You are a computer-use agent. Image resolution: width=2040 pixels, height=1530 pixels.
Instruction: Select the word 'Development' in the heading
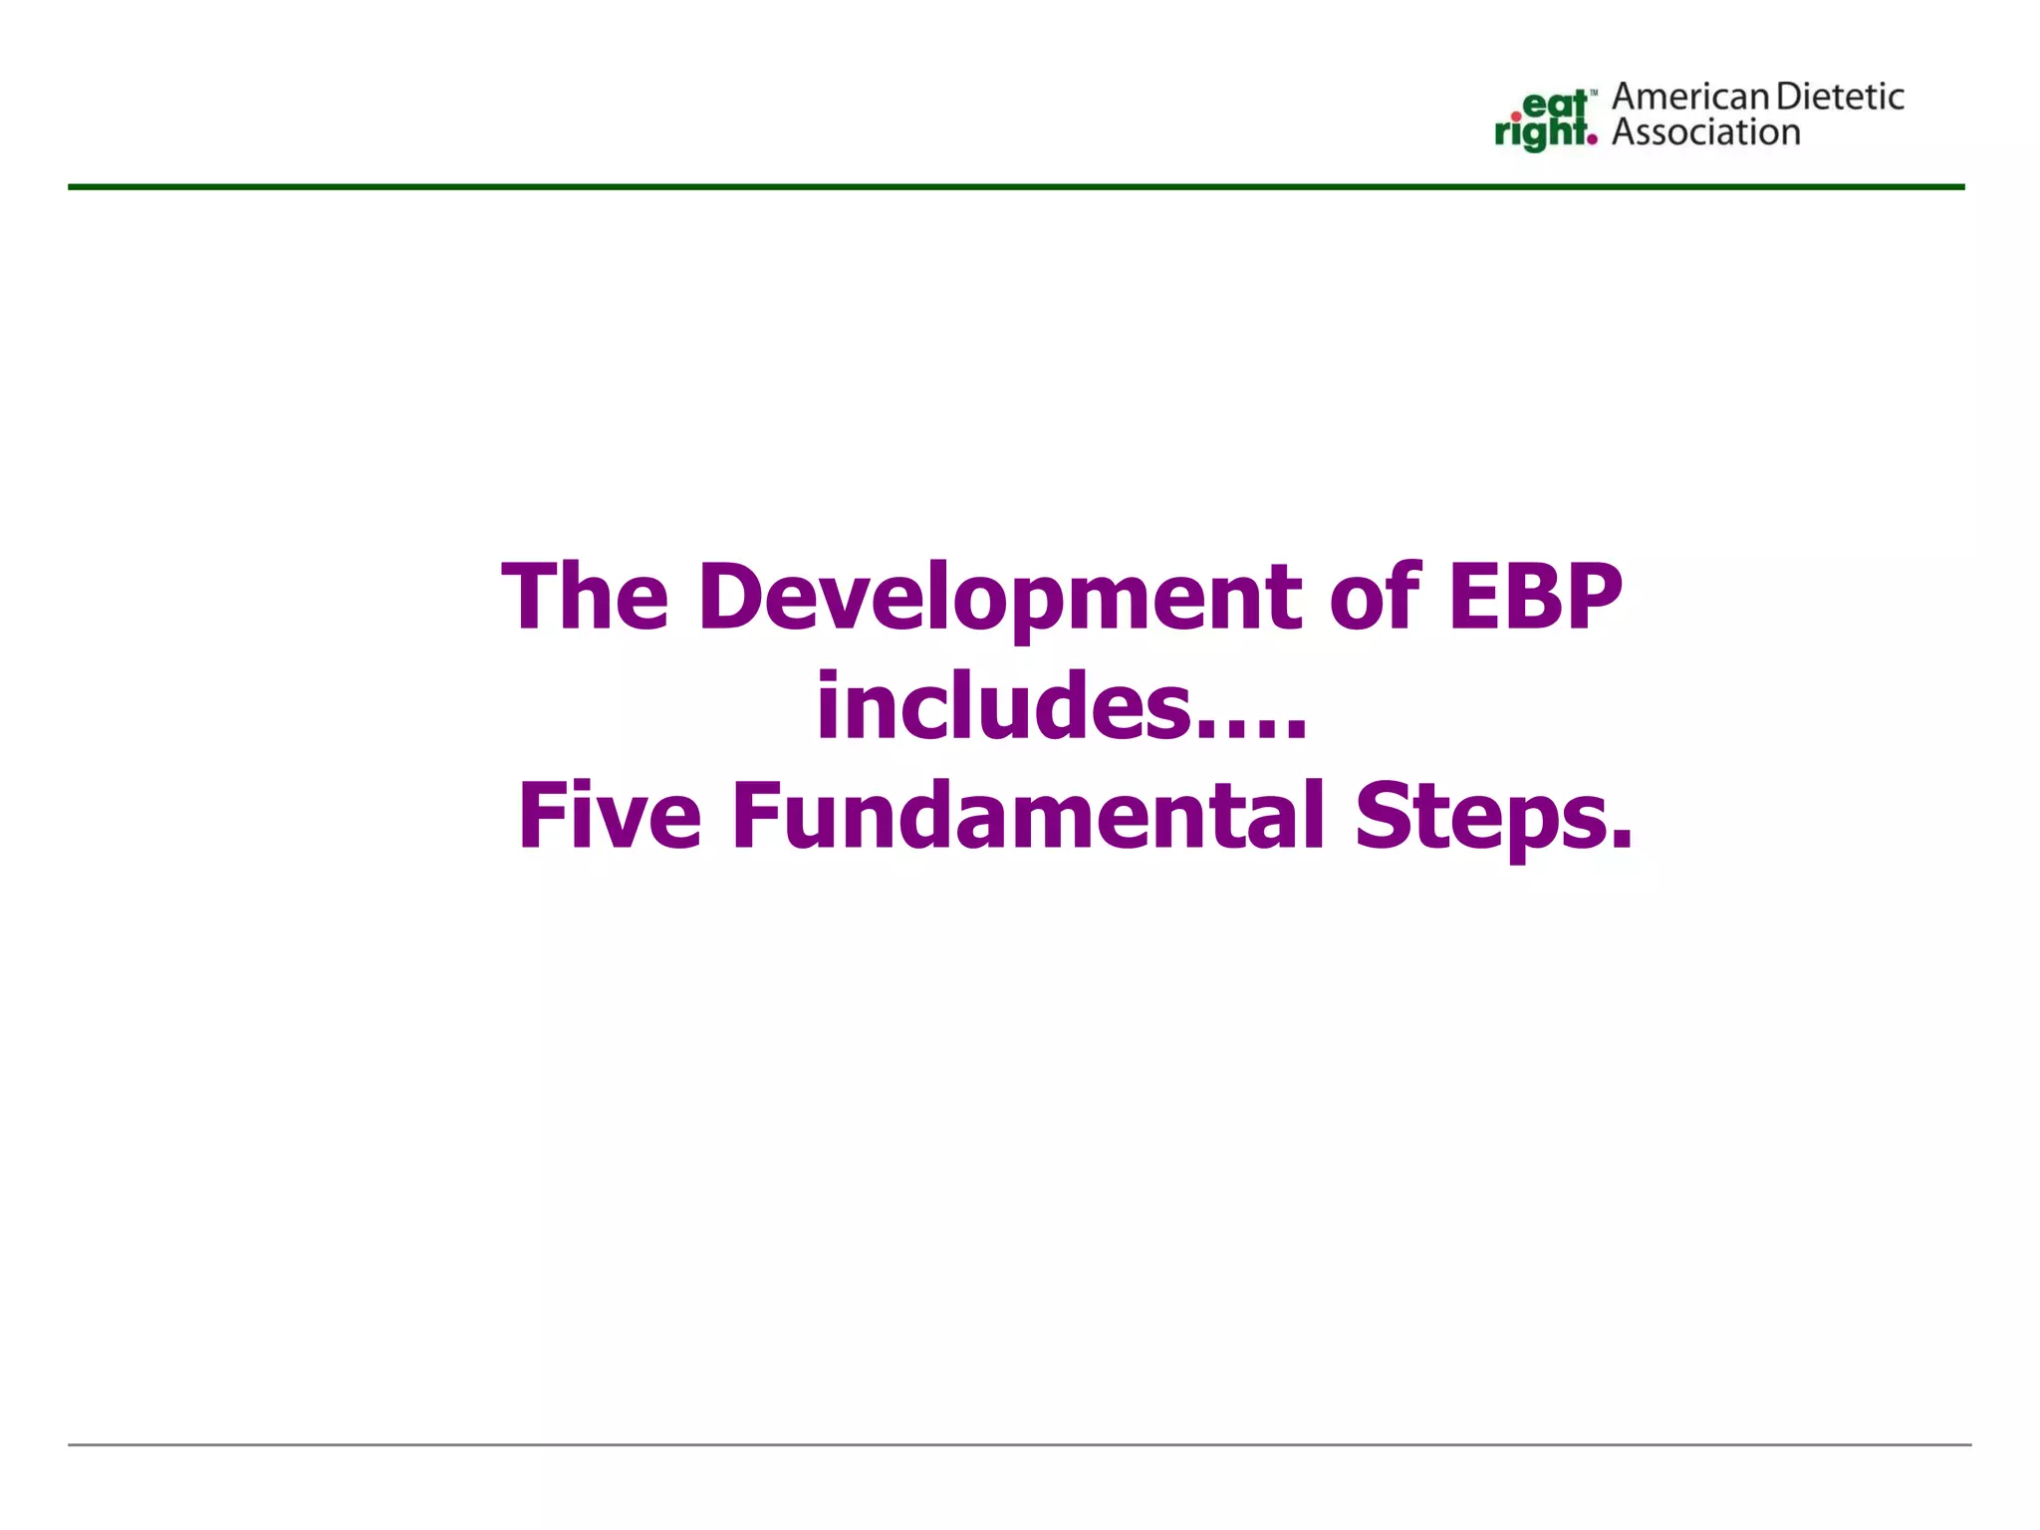[1000, 599]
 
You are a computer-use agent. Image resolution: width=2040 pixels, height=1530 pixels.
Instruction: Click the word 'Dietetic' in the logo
[1841, 98]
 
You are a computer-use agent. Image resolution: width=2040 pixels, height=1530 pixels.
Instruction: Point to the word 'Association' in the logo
[1706, 132]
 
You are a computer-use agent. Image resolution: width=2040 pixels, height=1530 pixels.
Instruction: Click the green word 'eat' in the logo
[1555, 105]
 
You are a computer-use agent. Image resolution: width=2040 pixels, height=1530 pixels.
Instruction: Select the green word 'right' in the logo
[1539, 133]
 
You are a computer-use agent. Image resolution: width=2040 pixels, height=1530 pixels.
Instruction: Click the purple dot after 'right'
[1592, 140]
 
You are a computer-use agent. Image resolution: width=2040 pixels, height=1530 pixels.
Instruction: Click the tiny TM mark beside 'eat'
[1594, 93]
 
